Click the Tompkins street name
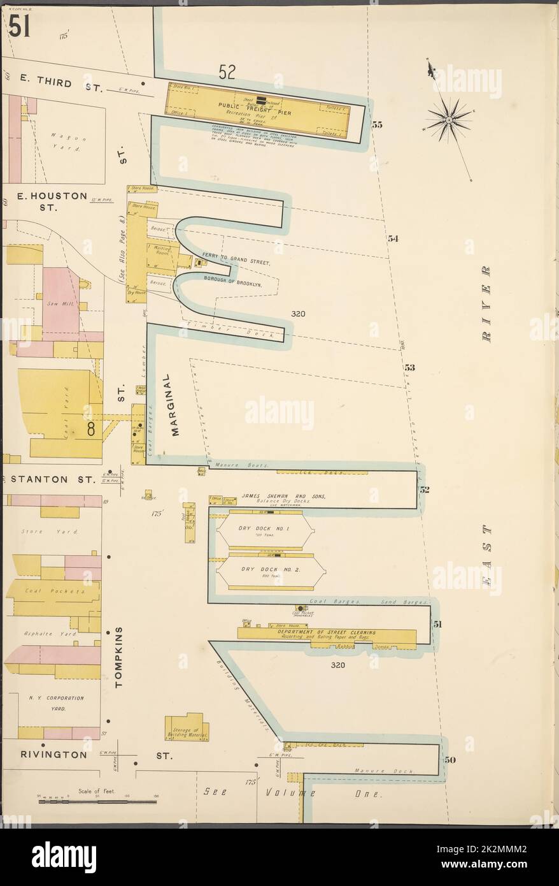(119, 657)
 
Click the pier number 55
(377, 125)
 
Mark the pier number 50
(451, 760)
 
